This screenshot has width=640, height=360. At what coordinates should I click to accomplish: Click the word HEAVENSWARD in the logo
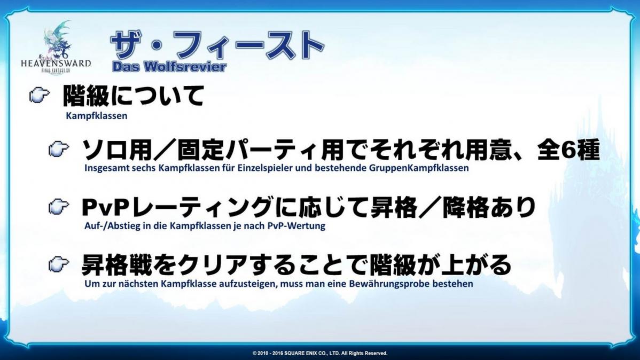[x=56, y=63]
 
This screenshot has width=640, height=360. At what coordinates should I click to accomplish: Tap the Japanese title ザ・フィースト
[x=217, y=45]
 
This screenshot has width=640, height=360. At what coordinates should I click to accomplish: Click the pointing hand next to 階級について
[x=40, y=96]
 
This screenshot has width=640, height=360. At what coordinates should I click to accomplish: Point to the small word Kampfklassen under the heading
[x=96, y=116]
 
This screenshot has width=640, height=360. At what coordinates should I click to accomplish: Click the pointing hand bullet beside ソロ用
[x=59, y=149]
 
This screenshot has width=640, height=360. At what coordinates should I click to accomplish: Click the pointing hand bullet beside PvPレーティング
[x=59, y=207]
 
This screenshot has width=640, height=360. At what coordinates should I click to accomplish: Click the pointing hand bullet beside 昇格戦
[x=59, y=264]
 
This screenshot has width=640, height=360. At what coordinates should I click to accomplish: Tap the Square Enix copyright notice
[x=320, y=354]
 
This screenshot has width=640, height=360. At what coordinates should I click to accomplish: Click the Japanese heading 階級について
[x=133, y=96]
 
